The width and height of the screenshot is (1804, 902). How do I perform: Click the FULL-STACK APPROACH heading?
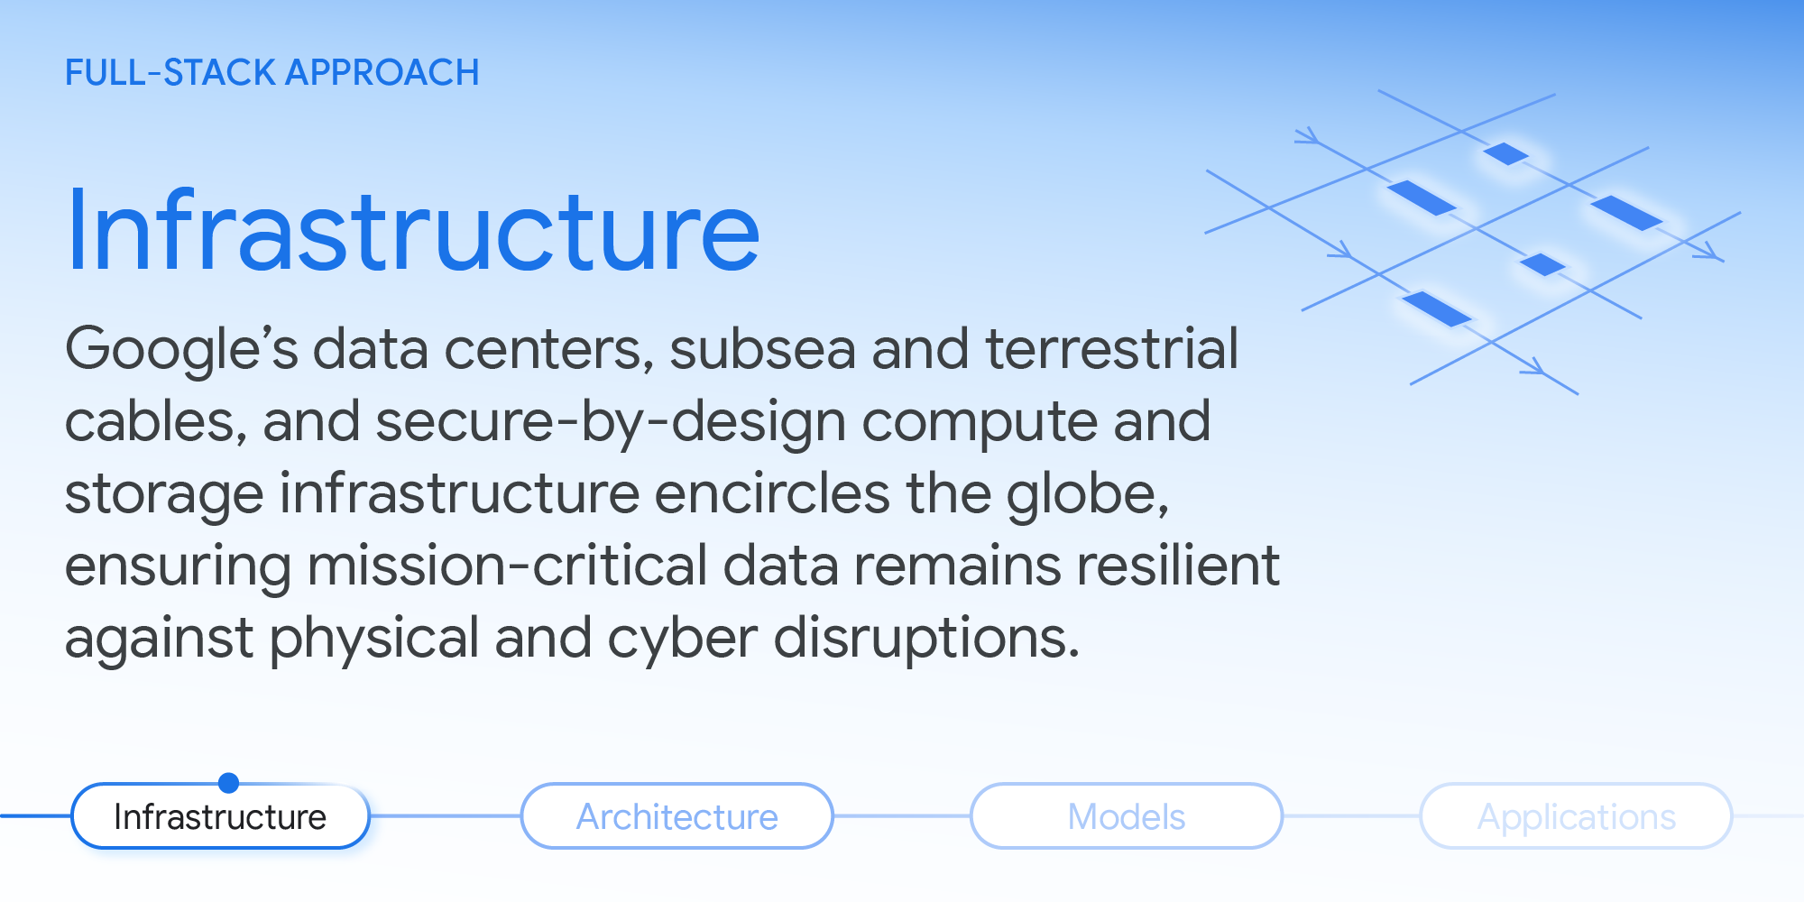tap(272, 73)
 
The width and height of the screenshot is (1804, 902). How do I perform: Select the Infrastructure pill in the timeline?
tap(220, 816)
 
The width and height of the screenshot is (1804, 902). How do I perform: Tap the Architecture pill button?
tap(676, 816)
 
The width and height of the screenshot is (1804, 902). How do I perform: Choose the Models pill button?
tap(1126, 816)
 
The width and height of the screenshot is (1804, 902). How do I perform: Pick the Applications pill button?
tap(1576, 816)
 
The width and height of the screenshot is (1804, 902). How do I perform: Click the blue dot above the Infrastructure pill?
tap(229, 782)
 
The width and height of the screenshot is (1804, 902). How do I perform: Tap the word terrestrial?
tap(1111, 350)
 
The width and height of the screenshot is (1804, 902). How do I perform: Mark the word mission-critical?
tap(507, 566)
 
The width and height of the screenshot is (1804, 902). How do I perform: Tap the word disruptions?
tap(925, 639)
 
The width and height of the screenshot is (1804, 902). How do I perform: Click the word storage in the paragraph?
tap(164, 494)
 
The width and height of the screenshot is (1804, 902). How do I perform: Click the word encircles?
tap(772, 494)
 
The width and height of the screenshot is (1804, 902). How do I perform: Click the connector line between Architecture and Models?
tap(901, 816)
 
